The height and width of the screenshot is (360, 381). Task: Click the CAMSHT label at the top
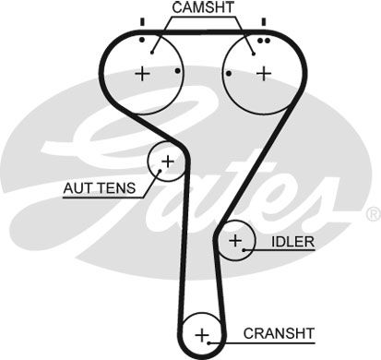(x=202, y=8)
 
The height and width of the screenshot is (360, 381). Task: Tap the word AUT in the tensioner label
(x=77, y=190)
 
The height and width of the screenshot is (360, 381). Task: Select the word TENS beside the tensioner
(x=115, y=190)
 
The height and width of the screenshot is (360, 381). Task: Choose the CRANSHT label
(x=280, y=332)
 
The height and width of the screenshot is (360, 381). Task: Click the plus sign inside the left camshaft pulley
(x=143, y=73)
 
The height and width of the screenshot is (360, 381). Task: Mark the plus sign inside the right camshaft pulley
(x=263, y=73)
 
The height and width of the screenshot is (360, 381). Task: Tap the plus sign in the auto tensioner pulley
(x=167, y=162)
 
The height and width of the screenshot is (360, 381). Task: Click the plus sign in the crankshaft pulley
(x=203, y=332)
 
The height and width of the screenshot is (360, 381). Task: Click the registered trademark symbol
(x=373, y=213)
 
